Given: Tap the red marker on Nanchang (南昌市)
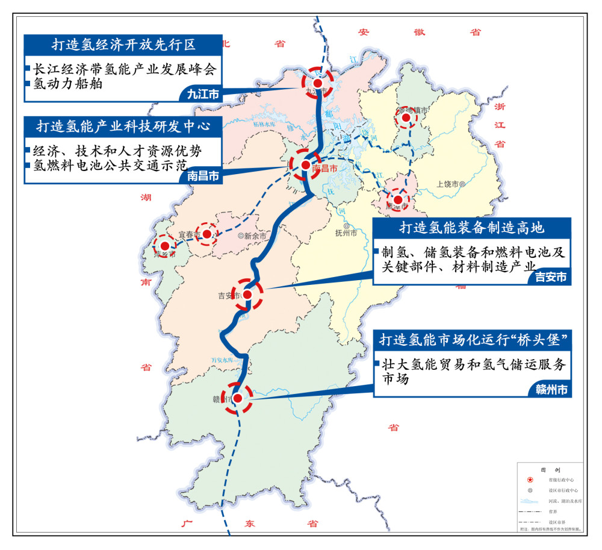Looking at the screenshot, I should click(305, 165).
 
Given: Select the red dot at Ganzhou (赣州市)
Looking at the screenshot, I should click(237, 398).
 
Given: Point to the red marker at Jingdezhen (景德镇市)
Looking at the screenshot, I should click(406, 118).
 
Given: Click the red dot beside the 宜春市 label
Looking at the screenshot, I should click(207, 234).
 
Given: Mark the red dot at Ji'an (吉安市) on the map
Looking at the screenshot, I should click(247, 295).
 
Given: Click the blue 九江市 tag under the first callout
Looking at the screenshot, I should click(202, 94).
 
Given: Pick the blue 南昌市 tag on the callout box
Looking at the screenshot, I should click(202, 176).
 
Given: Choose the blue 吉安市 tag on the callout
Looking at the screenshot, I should click(550, 278).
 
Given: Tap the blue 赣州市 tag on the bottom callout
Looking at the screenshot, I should click(550, 390).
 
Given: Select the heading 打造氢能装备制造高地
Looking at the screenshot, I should click(471, 228).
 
